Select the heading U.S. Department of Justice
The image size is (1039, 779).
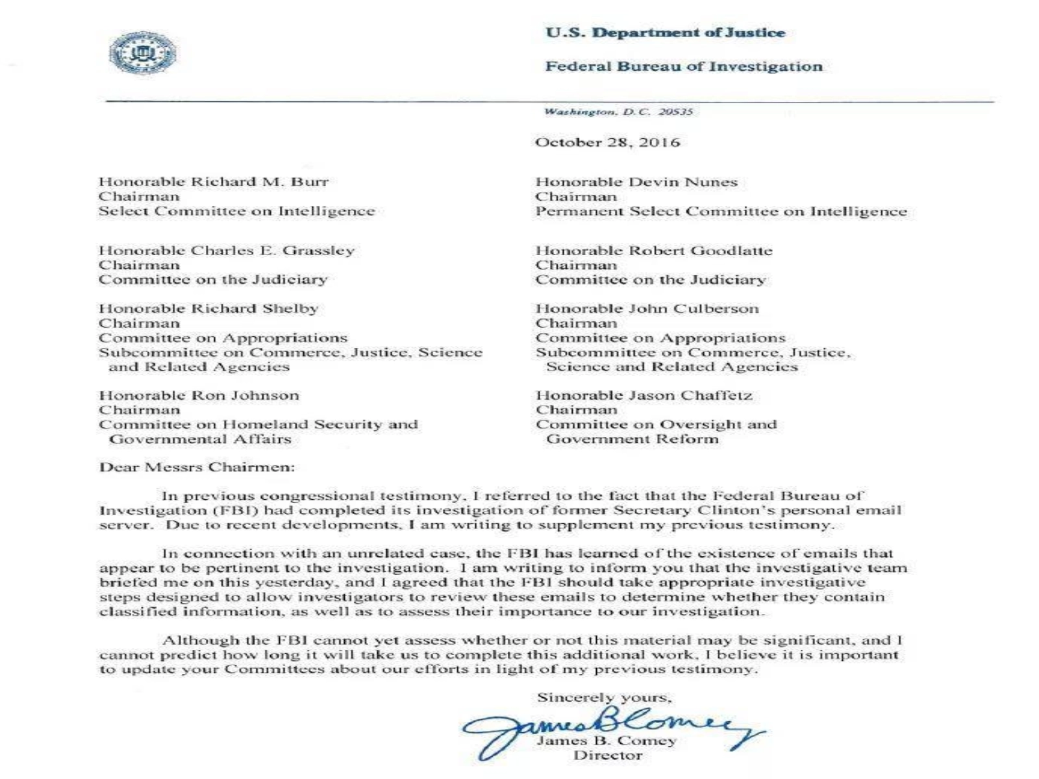click(x=665, y=32)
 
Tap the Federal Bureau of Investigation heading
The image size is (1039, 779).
click(x=684, y=66)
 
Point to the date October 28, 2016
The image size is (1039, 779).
click(x=607, y=143)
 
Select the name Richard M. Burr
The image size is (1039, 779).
click(x=260, y=182)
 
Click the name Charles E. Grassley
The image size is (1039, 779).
click(x=273, y=251)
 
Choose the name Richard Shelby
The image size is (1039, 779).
click(x=255, y=308)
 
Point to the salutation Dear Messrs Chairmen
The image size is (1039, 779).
click(x=197, y=467)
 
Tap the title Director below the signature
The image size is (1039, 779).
click(x=608, y=756)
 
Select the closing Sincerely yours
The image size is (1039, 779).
click(x=604, y=698)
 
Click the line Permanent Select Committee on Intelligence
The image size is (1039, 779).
click(x=721, y=212)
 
